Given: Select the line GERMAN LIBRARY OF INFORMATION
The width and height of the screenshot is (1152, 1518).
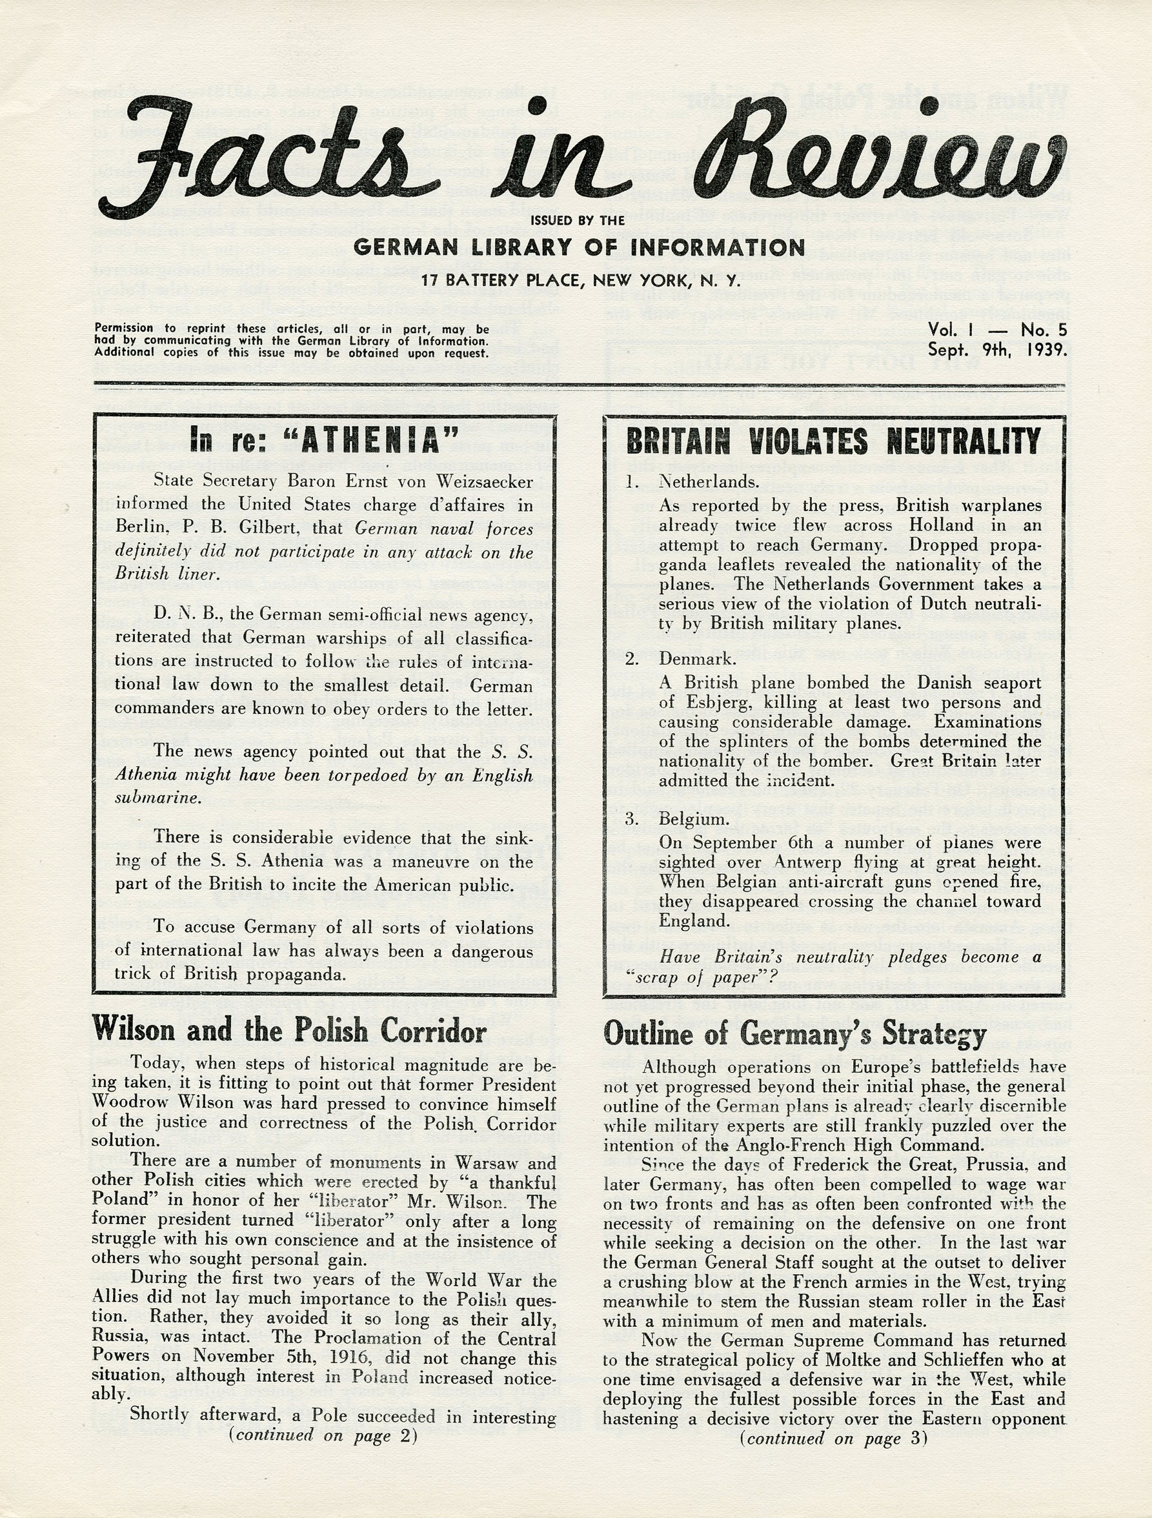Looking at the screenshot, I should point(579,247).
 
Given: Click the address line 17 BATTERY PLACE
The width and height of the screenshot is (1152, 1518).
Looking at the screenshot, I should point(580,281).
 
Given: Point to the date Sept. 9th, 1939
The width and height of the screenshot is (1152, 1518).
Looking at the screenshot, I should point(997,350).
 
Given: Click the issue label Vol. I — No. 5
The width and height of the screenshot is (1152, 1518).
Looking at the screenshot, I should point(997,330).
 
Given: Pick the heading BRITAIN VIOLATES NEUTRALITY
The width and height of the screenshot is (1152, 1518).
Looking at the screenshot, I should point(833,441).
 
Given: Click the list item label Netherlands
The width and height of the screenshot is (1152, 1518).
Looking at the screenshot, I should point(709,481).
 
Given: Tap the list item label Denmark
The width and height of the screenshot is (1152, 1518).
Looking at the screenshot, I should point(697,659).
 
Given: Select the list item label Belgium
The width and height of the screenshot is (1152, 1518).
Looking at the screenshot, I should point(694,819).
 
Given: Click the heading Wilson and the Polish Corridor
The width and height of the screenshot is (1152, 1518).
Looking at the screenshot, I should point(289,1031).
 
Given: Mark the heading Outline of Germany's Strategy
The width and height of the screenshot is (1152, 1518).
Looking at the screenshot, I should point(794,1035).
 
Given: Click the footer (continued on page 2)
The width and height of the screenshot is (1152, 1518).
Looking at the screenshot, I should point(323,1435).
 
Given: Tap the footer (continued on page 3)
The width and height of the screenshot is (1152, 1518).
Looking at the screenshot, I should point(833,1439).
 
